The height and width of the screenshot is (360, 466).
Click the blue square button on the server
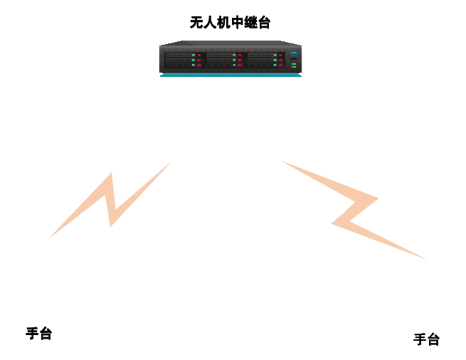293,53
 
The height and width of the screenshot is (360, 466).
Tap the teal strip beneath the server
230,75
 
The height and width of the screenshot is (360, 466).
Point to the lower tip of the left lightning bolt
48,238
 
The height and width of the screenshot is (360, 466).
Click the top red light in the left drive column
199,55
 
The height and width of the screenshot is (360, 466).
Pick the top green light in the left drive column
193,55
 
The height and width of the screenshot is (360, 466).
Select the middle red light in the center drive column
240,60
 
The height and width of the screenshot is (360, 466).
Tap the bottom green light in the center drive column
234,65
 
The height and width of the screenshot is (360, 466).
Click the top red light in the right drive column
280,55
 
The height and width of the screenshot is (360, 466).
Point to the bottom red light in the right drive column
280,65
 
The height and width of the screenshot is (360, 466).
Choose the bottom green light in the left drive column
193,65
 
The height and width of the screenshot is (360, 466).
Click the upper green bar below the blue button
293,63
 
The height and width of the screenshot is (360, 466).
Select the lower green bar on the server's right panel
293,66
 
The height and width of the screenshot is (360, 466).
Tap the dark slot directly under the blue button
293,58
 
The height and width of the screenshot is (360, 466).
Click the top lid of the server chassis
230,42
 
